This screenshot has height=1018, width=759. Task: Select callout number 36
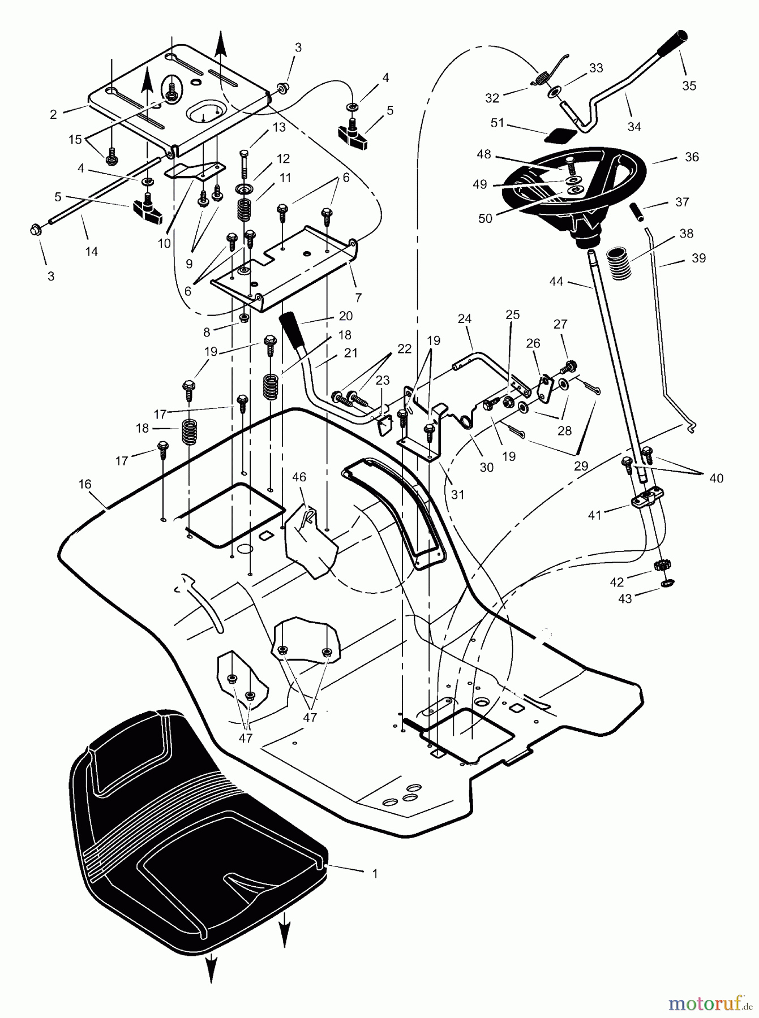click(692, 157)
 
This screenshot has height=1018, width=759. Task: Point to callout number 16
click(85, 484)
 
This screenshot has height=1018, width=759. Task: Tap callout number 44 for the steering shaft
click(556, 281)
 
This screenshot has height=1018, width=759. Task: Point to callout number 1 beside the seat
click(375, 874)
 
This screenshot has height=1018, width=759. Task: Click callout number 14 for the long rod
click(91, 252)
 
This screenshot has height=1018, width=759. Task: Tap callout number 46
click(299, 478)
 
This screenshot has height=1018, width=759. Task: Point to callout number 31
click(457, 494)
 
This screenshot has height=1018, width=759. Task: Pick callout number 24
click(464, 319)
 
